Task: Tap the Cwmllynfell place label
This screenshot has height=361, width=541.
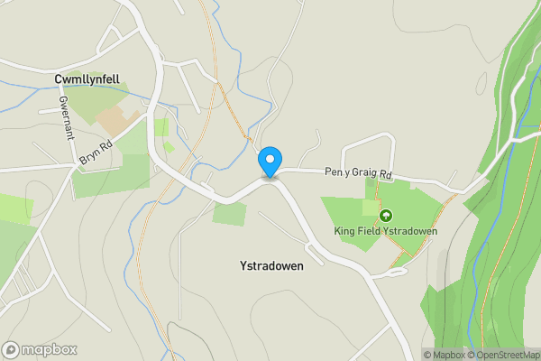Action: pos(87,79)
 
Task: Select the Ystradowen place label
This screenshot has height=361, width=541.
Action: pos(271,266)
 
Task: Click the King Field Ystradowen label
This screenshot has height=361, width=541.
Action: pos(386,231)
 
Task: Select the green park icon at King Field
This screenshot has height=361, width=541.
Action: pos(386,216)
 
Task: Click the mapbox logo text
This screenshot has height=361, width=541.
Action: pos(50,349)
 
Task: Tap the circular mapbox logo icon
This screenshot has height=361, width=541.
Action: pos(11,349)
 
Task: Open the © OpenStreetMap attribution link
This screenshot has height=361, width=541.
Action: pos(502,355)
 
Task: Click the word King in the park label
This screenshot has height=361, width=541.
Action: pos(345,231)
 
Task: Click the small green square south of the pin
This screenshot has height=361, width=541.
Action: pos(230,214)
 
